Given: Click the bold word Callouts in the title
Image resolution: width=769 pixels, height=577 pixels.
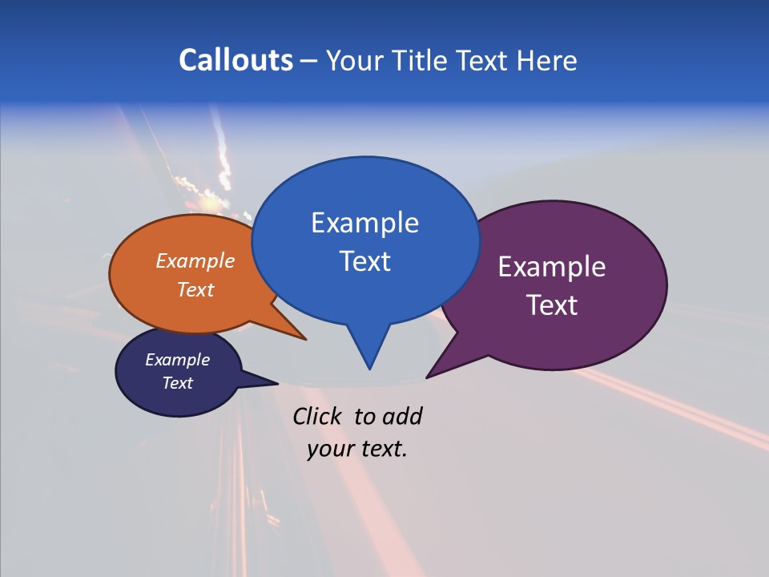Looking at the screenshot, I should (236, 60).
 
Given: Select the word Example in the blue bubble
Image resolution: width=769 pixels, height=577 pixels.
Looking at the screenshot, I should (364, 223).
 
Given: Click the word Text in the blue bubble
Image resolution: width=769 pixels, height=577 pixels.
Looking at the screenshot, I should (364, 261).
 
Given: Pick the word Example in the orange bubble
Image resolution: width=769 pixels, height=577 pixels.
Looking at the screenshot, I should (195, 260).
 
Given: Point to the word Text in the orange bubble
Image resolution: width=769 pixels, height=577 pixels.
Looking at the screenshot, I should (195, 289).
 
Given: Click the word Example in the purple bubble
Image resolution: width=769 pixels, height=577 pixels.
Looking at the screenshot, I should (552, 266).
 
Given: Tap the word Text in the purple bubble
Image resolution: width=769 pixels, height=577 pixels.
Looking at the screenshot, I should (552, 305).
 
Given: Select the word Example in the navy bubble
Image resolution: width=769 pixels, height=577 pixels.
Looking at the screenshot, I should (177, 360).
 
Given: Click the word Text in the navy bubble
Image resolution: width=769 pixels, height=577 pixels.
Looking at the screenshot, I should (177, 383).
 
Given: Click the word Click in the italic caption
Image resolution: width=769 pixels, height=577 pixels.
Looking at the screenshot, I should (319, 416).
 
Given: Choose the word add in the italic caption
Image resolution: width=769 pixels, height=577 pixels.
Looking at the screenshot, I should (402, 416).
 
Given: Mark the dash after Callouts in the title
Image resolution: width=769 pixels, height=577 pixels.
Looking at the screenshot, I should (309, 61).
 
